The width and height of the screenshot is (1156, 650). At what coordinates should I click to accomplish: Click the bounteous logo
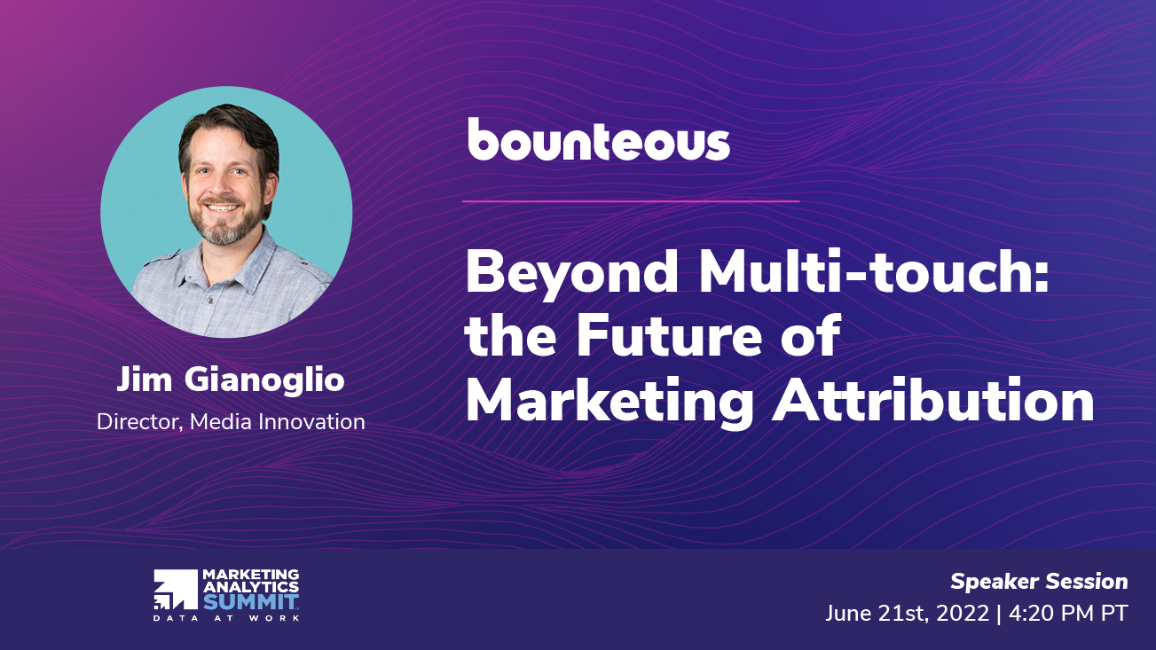[599, 139]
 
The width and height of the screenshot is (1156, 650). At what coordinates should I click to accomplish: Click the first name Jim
[144, 380]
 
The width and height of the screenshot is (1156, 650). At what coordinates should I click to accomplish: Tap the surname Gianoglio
[264, 381]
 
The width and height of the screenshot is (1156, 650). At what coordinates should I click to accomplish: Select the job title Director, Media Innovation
[231, 422]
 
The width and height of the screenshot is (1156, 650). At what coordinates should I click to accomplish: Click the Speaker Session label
[1039, 582]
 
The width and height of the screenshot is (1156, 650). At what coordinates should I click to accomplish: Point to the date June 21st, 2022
[908, 614]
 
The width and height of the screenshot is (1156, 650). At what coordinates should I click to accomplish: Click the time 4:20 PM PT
[1068, 614]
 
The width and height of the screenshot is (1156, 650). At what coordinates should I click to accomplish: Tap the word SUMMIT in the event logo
[251, 601]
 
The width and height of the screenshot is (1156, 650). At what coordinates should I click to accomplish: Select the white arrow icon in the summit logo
[176, 590]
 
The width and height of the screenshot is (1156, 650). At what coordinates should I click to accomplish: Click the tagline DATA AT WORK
[226, 617]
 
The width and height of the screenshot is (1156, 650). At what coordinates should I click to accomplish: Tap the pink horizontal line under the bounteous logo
[631, 201]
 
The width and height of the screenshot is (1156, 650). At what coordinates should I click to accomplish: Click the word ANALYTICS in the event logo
[251, 586]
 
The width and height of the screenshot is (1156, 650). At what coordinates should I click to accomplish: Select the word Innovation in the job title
[311, 422]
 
